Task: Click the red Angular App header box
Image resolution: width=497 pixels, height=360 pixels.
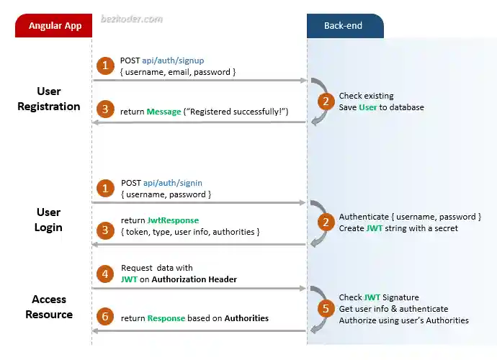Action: (55, 26)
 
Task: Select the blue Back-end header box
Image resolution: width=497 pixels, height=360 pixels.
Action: (344, 26)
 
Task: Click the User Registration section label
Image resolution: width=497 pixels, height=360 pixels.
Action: (49, 99)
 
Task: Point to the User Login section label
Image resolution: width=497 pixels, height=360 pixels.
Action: (49, 220)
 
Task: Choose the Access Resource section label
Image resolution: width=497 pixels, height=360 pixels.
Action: (49, 307)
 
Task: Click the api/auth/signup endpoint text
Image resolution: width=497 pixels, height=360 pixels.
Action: (174, 60)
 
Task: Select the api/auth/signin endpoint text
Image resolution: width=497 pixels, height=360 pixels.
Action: (172, 183)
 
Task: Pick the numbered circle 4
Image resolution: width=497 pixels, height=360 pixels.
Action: (106, 274)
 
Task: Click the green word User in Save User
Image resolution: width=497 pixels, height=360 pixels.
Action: (367, 107)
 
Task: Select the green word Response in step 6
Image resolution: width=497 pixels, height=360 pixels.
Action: (166, 318)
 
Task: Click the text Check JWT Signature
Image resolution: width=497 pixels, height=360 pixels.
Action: (379, 297)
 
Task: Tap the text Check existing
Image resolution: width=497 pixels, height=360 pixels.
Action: (366, 96)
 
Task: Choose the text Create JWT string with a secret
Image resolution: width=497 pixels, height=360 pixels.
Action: (398, 228)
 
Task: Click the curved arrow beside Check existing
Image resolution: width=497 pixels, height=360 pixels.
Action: (318, 102)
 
